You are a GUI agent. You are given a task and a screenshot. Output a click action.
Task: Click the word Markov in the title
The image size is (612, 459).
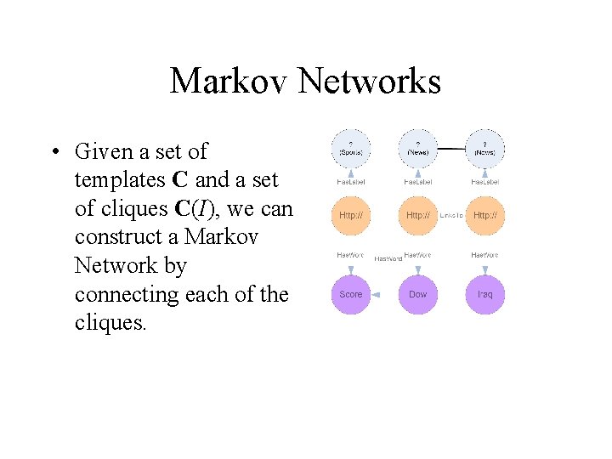[229, 82]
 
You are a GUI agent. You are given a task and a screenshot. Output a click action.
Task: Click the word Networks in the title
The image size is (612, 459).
[370, 82]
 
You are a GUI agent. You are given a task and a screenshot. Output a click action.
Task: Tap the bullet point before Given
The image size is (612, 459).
[54, 153]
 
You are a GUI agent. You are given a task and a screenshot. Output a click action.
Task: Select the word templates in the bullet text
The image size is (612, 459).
[120, 180]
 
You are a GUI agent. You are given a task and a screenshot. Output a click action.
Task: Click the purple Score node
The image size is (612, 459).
[350, 294]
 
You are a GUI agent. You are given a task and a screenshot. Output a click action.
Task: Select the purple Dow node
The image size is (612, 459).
[417, 294]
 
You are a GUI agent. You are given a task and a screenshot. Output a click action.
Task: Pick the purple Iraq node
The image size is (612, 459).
[484, 294]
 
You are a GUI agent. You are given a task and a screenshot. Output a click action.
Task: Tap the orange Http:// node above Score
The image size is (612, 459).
[350, 216]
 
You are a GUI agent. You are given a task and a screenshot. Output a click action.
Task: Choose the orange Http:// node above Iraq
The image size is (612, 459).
[484, 216]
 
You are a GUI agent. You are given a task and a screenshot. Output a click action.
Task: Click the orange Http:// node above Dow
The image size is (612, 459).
[417, 216]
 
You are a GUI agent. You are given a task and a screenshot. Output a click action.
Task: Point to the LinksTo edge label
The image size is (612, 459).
[451, 216]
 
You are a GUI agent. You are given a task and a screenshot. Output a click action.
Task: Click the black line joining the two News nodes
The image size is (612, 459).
[450, 149]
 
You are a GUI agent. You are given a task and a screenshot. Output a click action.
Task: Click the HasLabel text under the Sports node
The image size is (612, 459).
[350, 182]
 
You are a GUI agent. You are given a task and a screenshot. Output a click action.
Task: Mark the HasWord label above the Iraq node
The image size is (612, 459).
[484, 255]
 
